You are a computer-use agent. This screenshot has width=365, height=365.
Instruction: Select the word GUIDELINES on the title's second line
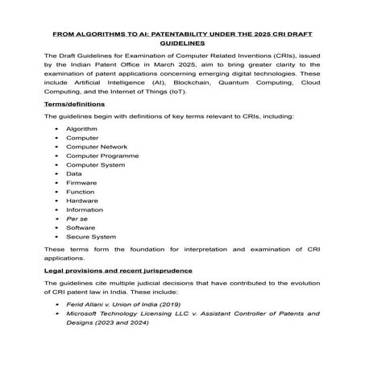[x=183, y=45]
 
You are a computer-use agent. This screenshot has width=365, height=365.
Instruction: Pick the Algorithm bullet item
[x=81, y=129]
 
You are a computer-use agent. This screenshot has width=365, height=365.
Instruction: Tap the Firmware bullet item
[x=81, y=183]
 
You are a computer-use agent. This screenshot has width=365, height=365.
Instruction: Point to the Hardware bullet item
[x=81, y=201]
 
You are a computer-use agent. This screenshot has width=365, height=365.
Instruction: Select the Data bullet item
[x=74, y=174]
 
